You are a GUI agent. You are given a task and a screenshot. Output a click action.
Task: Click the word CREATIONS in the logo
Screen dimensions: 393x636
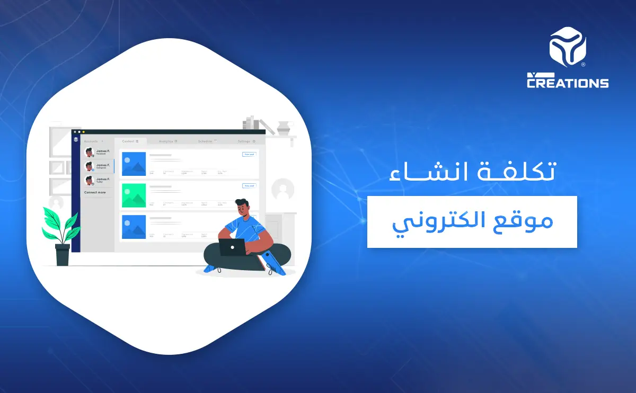568,83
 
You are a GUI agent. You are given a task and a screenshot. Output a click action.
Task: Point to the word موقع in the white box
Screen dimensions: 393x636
525,221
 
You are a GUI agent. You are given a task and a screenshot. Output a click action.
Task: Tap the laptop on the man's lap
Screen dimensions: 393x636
232,247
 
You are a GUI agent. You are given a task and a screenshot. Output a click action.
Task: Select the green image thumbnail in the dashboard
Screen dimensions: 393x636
134,195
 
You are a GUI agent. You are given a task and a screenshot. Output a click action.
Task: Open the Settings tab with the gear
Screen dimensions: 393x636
246,141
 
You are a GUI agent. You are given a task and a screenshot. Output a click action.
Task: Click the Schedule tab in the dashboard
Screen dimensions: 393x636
206,141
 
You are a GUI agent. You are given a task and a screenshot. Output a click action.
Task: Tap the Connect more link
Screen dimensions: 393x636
95,192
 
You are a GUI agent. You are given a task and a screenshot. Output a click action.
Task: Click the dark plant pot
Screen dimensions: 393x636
63,254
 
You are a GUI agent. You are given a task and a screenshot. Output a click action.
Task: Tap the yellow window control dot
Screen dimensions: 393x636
83,131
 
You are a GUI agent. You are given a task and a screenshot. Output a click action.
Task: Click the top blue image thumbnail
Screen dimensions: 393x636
134,164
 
